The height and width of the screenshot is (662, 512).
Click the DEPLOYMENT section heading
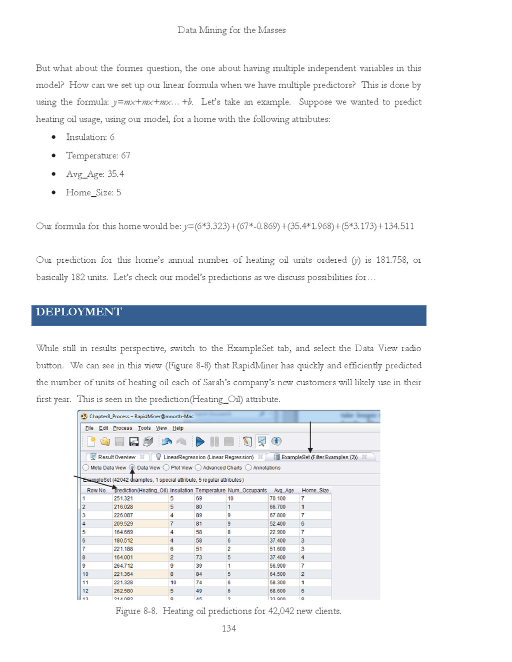[x=79, y=312]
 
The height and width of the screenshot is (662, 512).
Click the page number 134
[x=228, y=629]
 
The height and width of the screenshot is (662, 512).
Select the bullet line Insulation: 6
[x=90, y=137]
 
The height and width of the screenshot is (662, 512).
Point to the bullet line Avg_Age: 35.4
[x=95, y=174]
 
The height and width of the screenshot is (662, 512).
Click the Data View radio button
[x=132, y=468]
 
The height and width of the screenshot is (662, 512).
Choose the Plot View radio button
[x=166, y=468]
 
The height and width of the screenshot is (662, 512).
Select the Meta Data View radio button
[x=86, y=468]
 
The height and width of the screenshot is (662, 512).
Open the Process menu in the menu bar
[x=122, y=428]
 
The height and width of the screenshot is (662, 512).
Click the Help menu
[x=178, y=428]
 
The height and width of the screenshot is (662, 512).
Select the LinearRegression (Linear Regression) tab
[x=208, y=457]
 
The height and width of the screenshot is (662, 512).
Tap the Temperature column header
[x=210, y=491]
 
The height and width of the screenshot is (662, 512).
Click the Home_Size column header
[x=315, y=491]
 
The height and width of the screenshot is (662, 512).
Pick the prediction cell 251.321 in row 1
[x=123, y=499]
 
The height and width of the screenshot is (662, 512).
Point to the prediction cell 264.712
[x=123, y=566]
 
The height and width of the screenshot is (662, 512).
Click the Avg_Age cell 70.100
[x=277, y=499]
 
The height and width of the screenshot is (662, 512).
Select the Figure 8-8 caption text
[x=228, y=611]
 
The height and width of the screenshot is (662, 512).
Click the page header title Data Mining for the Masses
[x=231, y=30]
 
